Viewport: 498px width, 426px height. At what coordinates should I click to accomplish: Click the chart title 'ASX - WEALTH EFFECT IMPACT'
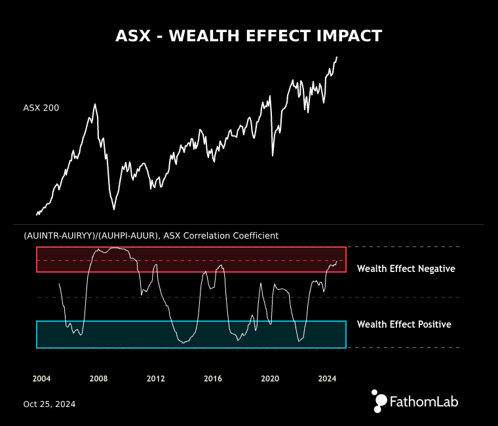pyautogui.click(x=248, y=36)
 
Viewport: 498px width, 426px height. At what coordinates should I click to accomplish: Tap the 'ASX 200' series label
pyautogui.click(x=41, y=108)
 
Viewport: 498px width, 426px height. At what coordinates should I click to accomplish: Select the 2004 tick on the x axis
pyautogui.click(x=41, y=379)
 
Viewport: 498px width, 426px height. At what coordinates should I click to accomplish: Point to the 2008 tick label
pyautogui.click(x=98, y=379)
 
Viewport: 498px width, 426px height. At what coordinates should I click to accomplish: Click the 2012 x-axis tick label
pyautogui.click(x=155, y=379)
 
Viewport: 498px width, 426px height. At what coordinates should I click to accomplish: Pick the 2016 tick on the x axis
pyautogui.click(x=213, y=379)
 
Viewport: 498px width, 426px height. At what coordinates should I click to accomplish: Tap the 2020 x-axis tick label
pyautogui.click(x=270, y=379)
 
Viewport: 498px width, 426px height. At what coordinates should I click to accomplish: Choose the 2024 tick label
pyautogui.click(x=327, y=379)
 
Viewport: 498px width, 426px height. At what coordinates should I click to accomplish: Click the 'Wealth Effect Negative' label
pyautogui.click(x=406, y=269)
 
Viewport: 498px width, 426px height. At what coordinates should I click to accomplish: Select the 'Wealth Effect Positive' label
pyautogui.click(x=404, y=324)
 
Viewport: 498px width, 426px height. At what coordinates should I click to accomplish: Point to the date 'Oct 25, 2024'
pyautogui.click(x=49, y=404)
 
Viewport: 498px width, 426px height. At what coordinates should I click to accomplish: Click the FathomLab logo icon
pyautogui.click(x=379, y=401)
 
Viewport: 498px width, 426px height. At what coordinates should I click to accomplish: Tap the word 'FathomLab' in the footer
pyautogui.click(x=423, y=401)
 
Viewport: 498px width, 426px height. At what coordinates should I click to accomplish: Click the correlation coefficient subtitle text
pyautogui.click(x=151, y=235)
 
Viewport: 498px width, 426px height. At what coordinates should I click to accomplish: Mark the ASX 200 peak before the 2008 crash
pyautogui.click(x=95, y=104)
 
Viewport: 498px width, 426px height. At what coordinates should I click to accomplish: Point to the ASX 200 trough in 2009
pyautogui.click(x=114, y=209)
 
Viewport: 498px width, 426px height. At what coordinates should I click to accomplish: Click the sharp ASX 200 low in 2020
pyautogui.click(x=273, y=155)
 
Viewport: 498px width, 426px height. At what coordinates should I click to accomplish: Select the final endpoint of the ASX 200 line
pyautogui.click(x=337, y=56)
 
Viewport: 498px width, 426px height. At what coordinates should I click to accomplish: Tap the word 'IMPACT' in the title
pyautogui.click(x=349, y=36)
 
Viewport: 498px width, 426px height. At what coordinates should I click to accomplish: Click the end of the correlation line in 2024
pyautogui.click(x=337, y=261)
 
